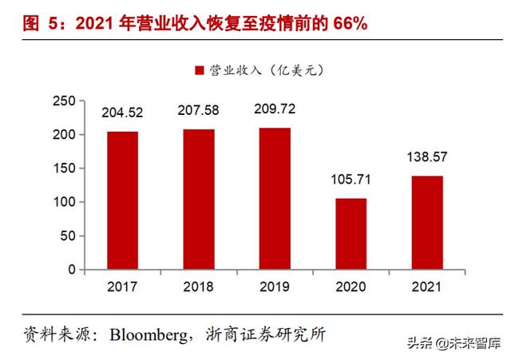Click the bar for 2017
tap(122, 200)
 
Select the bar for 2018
tap(197, 200)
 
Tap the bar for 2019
tap(273, 199)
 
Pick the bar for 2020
tap(351, 234)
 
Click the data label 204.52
tap(122, 113)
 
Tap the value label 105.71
tap(351, 180)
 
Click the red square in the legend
tap(199, 71)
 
